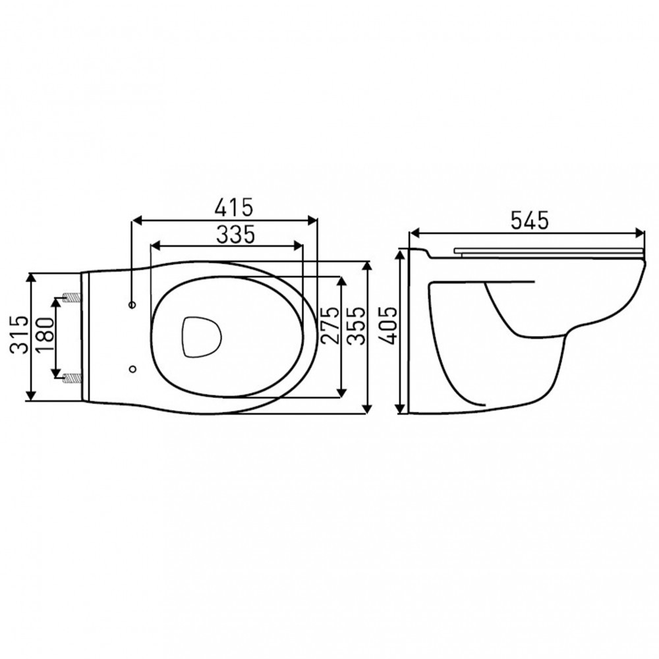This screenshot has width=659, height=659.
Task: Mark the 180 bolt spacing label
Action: tap(43, 334)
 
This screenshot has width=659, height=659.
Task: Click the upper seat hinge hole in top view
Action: tap(132, 305)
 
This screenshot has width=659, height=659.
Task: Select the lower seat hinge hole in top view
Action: tap(132, 368)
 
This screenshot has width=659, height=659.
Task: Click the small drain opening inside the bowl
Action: tap(199, 336)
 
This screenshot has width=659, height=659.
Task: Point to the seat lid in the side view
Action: tap(547, 250)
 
